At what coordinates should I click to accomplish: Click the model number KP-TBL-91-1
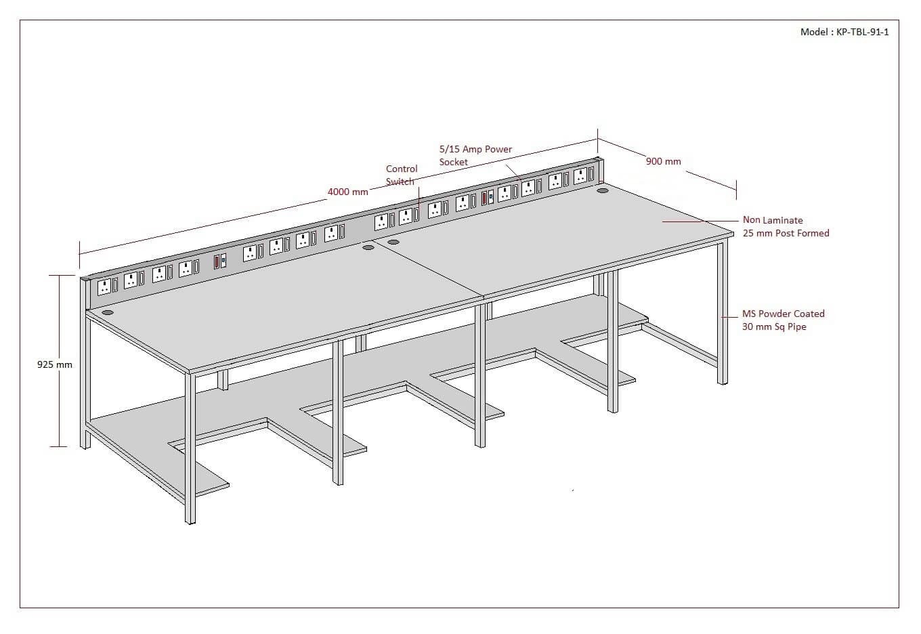[863, 32]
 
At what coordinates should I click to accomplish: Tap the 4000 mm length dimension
[347, 192]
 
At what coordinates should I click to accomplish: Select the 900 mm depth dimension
[663, 161]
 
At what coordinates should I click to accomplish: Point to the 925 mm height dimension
[54, 364]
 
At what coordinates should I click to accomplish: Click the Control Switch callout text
[401, 175]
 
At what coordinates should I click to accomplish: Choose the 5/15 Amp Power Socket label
[475, 155]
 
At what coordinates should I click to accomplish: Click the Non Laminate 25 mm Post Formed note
[786, 226]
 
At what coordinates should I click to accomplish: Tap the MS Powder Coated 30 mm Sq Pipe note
[783, 320]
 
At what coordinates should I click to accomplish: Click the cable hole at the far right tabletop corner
[602, 191]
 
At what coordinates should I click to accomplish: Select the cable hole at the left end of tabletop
[108, 313]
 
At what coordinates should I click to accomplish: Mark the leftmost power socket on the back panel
[104, 287]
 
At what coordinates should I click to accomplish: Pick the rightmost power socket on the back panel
[580, 176]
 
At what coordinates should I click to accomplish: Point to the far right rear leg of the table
[723, 312]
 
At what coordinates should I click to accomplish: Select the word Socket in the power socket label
[453, 162]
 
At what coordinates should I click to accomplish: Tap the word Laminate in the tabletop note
[782, 220]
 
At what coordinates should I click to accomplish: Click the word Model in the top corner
[814, 32]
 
